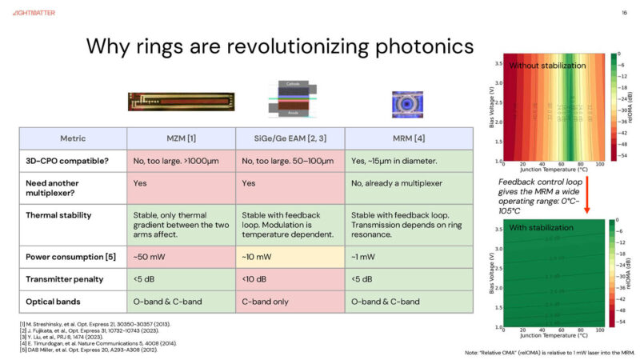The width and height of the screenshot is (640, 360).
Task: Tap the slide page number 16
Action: coord(623,13)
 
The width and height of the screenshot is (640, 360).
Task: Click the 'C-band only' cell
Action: coord(266,302)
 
